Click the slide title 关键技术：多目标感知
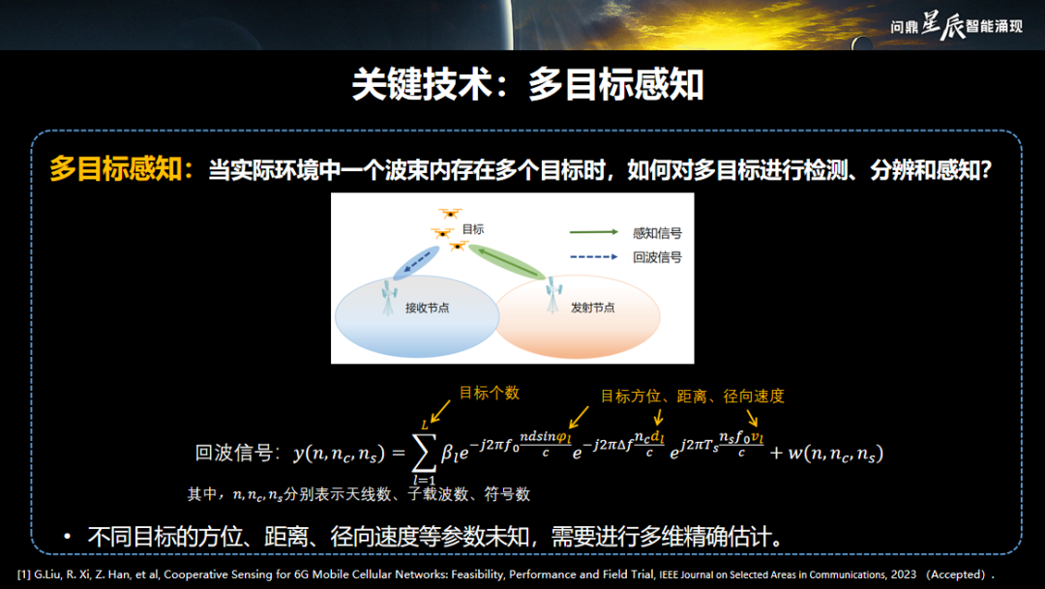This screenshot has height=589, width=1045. tap(527, 84)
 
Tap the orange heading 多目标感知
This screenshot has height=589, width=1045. tap(114, 169)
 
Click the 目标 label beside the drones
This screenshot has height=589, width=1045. tap(473, 229)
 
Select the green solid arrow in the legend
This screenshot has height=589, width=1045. tap(594, 232)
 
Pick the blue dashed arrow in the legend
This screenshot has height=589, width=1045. tap(594, 256)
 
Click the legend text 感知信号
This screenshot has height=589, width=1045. tap(657, 233)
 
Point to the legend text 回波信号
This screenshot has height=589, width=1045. tap(657, 257)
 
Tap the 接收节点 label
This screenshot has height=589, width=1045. tap(428, 308)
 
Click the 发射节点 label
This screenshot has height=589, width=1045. tap(592, 308)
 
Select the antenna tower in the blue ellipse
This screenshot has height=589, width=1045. tap(389, 297)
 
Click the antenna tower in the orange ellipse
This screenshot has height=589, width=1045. tap(553, 296)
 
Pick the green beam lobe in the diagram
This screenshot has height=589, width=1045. tap(506, 262)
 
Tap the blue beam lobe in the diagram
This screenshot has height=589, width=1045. tap(416, 262)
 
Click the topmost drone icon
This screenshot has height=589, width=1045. tap(450, 214)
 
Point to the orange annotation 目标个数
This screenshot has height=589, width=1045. tap(490, 393)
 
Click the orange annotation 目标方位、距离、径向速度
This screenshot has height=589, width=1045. tap(693, 397)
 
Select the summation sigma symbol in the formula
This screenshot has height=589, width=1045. tap(425, 452)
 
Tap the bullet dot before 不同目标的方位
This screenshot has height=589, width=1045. tap(68, 536)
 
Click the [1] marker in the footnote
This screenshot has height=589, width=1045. tap(24, 574)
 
